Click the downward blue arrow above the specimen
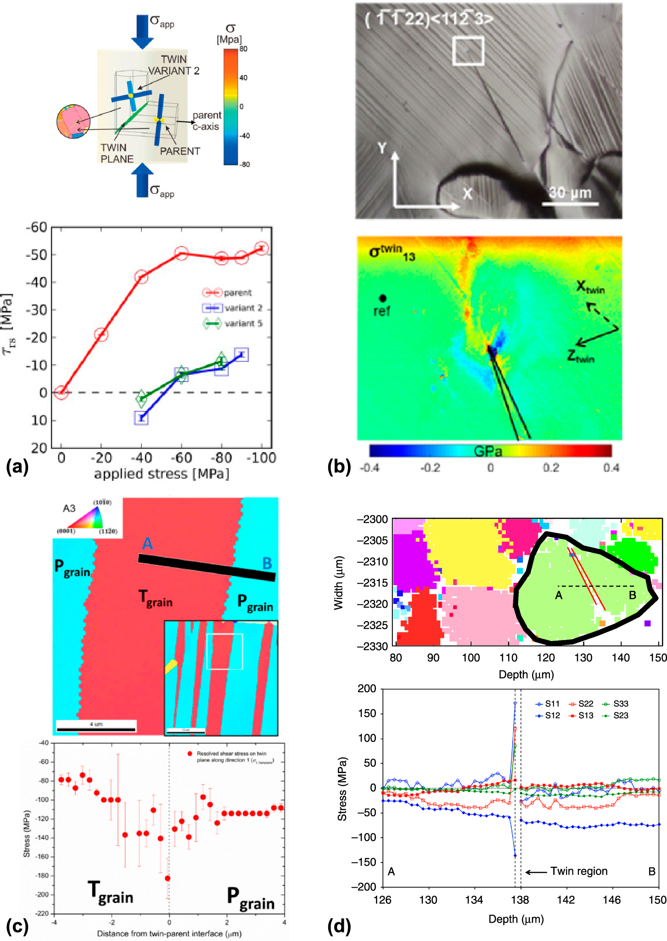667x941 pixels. [x=142, y=31]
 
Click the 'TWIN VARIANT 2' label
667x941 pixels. [x=174, y=65]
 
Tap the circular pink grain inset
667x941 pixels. [x=73, y=122]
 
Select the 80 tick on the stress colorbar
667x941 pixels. [x=243, y=49]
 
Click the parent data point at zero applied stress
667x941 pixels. [x=61, y=392]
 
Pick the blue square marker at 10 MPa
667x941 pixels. [x=141, y=418]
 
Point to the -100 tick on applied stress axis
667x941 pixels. [x=261, y=458]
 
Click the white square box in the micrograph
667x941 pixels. [x=468, y=51]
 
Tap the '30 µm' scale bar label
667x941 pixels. [x=570, y=193]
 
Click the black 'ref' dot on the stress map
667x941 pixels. [x=382, y=298]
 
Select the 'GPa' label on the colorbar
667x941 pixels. [x=488, y=451]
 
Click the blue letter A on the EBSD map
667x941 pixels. [x=147, y=543]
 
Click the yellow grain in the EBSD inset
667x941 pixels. [x=170, y=666]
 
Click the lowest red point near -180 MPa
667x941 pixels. [x=168, y=878]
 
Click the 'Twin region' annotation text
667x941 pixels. [x=578, y=871]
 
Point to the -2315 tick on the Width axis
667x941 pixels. [x=372, y=583]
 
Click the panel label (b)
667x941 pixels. [x=339, y=466]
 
